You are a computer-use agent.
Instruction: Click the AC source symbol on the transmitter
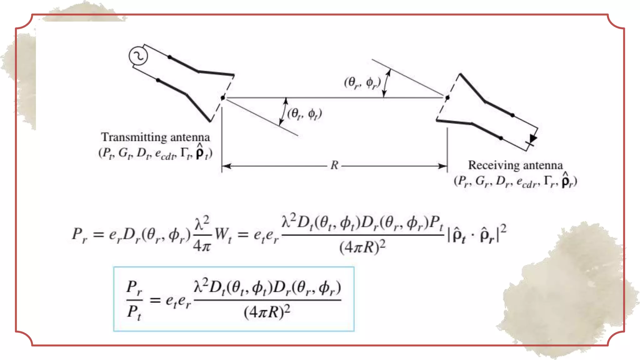coord(138,56)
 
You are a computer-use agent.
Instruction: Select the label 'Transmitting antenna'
coord(155,137)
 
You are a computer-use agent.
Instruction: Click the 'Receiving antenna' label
coord(515,165)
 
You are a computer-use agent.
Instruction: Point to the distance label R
coord(334,165)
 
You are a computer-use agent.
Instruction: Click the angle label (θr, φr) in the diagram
coord(362,82)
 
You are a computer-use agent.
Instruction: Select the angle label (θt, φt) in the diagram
coord(304,114)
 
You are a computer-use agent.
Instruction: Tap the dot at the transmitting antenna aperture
coord(222,98)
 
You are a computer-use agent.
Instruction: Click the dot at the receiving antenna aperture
coord(447,98)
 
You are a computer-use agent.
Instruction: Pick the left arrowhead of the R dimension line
coord(226,166)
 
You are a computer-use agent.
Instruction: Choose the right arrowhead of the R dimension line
coord(443,166)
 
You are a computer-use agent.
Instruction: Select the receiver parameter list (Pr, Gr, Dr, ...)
coord(515,181)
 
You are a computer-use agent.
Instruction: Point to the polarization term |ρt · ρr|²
coord(477,234)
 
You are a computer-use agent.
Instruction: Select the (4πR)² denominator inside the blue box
coord(267,312)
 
